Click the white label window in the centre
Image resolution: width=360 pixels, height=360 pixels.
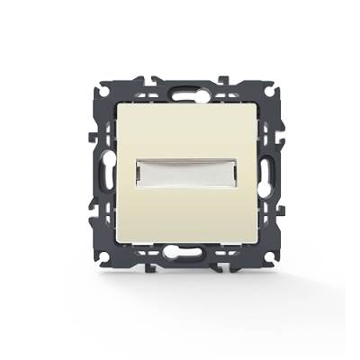[x=181, y=173]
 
